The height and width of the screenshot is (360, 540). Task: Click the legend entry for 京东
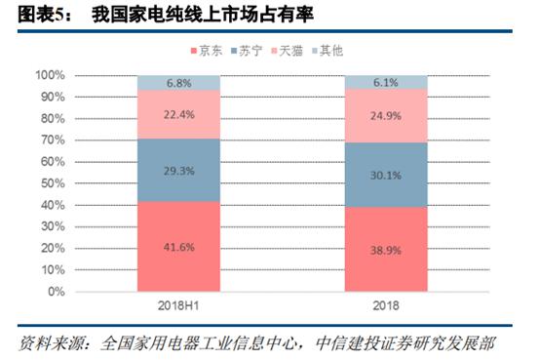(x=208, y=49)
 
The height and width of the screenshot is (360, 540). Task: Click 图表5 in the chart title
(x=28, y=14)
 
